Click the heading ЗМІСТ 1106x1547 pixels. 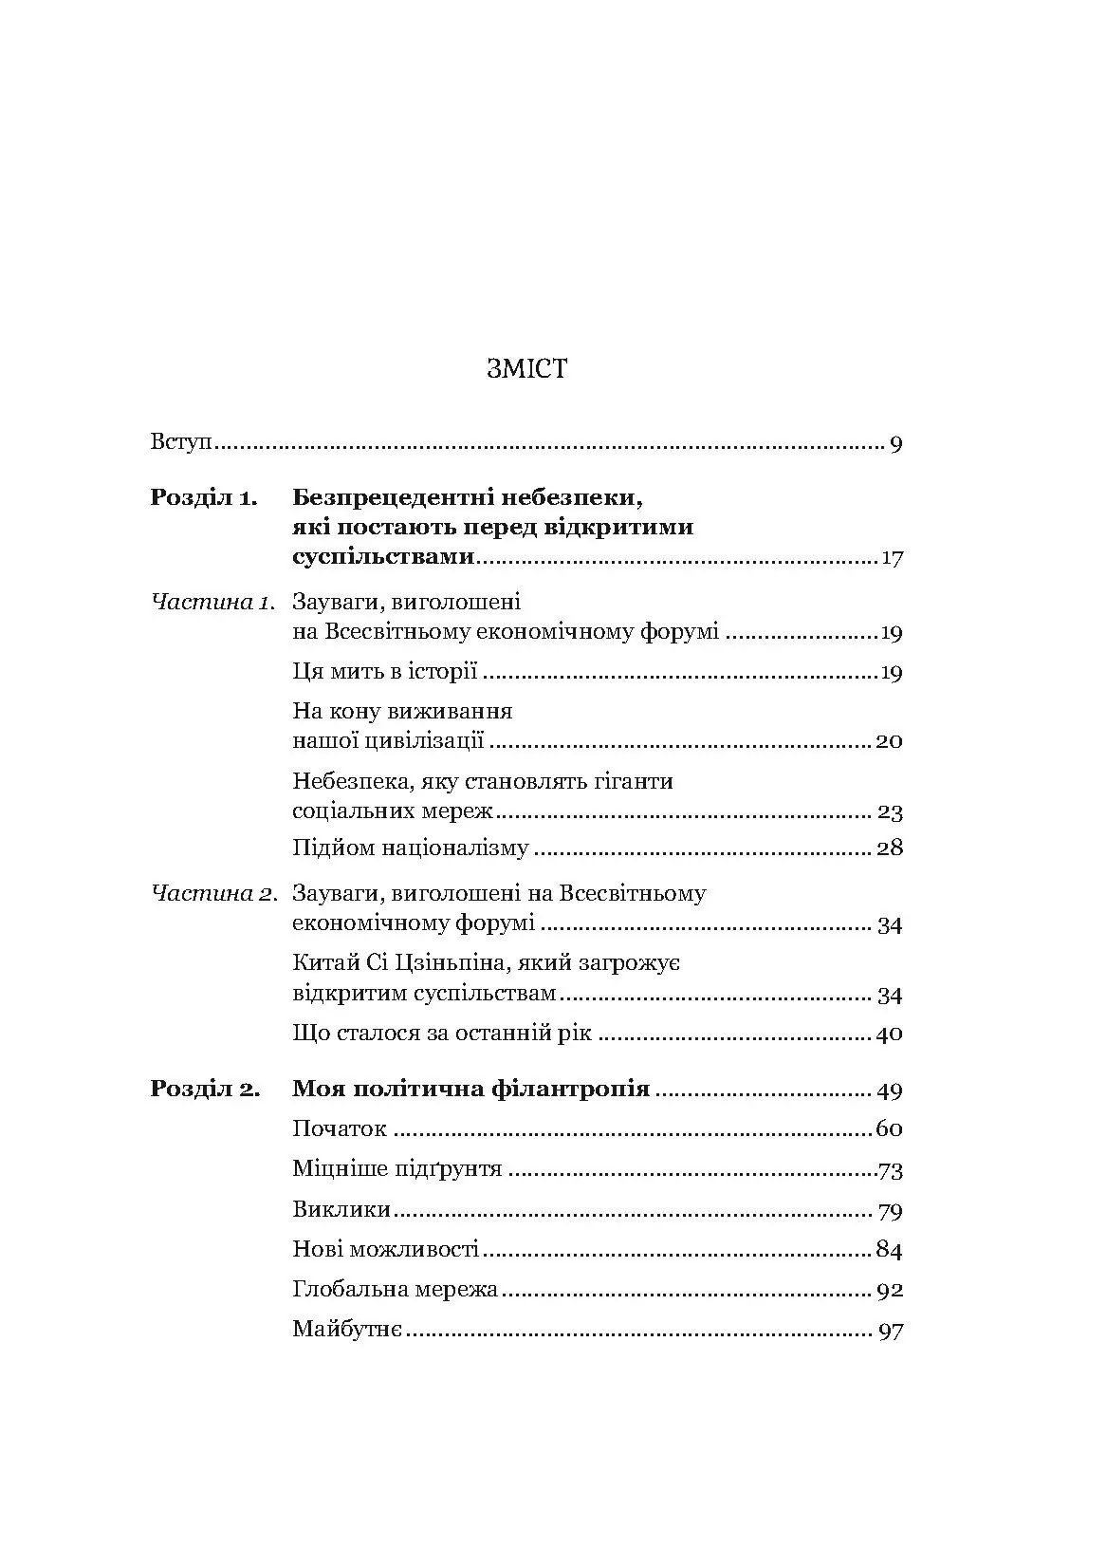click(x=526, y=369)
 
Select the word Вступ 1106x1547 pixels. click(x=180, y=443)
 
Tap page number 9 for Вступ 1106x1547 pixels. click(x=896, y=444)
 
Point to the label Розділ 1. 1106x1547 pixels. click(x=203, y=497)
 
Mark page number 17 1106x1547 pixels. click(x=892, y=558)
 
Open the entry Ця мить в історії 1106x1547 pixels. click(x=384, y=673)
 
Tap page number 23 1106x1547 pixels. click(x=890, y=812)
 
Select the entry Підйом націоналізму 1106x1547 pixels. click(x=410, y=848)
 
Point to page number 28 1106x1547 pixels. click(x=890, y=848)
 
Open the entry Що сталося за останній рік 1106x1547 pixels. click(x=442, y=1034)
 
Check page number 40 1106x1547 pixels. click(x=889, y=1034)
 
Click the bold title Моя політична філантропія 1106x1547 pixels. click(x=470, y=1089)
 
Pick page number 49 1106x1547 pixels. click(x=890, y=1090)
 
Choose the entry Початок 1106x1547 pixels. click(x=340, y=1129)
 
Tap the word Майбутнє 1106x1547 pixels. click(x=349, y=1330)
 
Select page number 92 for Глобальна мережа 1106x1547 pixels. click(x=890, y=1291)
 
